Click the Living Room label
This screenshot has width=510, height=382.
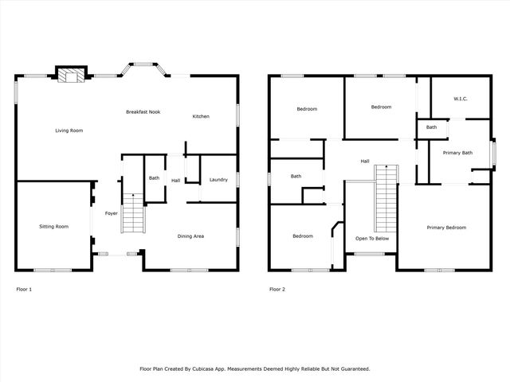pos(69,131)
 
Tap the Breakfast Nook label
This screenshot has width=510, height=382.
pos(143,112)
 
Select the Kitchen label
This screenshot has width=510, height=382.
pos(201,117)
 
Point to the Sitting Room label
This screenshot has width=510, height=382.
pos(53,227)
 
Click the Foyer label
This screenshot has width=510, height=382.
pos(112,213)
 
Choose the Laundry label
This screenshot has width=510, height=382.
pos(218,180)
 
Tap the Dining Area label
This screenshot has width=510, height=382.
pos(190,236)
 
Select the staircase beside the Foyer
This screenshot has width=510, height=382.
pos(131,213)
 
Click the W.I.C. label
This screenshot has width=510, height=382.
pos(460,99)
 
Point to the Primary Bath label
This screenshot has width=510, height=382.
pos(457,153)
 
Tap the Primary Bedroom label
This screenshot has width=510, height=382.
pos(445,228)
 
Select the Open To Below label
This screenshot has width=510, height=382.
pos(372,238)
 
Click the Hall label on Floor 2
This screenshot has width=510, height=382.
pos(364,162)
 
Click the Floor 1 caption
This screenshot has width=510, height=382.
pos(24,289)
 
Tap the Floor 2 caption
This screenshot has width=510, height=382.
pos(277,289)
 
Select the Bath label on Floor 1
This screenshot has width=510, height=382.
pos(154,178)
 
